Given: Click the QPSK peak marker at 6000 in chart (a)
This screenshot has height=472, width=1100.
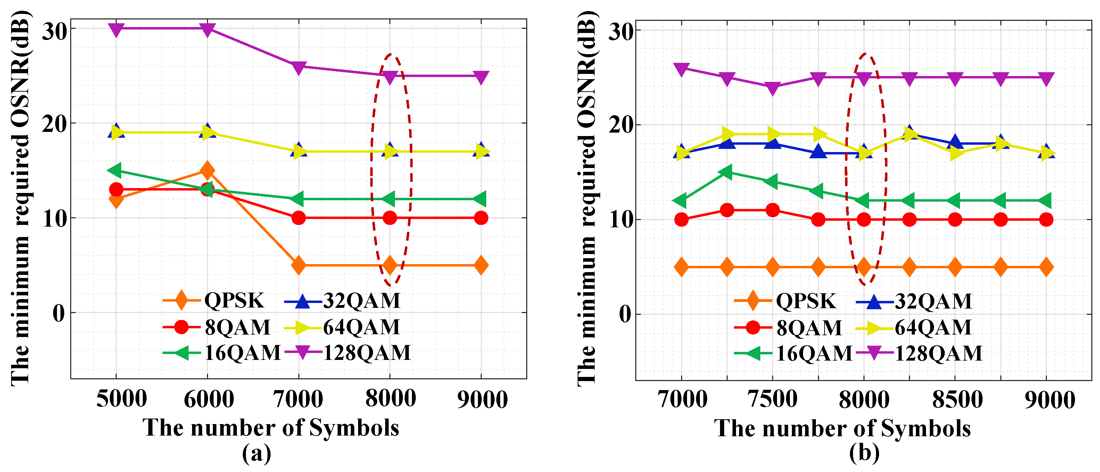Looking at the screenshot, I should [x=208, y=171].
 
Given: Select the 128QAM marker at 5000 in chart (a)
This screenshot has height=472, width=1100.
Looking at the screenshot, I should [x=116, y=29].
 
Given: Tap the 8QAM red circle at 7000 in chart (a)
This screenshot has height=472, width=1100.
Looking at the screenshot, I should [x=298, y=218].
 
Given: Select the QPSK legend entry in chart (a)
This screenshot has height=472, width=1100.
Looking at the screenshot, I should [x=214, y=301].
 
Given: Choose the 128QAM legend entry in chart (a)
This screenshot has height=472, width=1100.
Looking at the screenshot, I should [x=348, y=353].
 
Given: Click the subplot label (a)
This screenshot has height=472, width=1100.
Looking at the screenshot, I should [x=257, y=453].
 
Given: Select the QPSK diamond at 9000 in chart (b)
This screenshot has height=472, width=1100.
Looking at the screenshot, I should [x=1046, y=268].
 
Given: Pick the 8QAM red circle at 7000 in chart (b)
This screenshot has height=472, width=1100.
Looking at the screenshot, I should [x=681, y=220].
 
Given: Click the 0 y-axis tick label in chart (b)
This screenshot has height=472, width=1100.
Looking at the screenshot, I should [x=625, y=315].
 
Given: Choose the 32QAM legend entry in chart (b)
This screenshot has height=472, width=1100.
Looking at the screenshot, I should [x=914, y=301].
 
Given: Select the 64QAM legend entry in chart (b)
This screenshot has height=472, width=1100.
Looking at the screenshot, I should [x=914, y=328].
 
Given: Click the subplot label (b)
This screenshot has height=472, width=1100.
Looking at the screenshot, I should [x=864, y=453].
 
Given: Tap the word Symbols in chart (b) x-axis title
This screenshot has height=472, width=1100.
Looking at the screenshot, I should [x=926, y=428].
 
